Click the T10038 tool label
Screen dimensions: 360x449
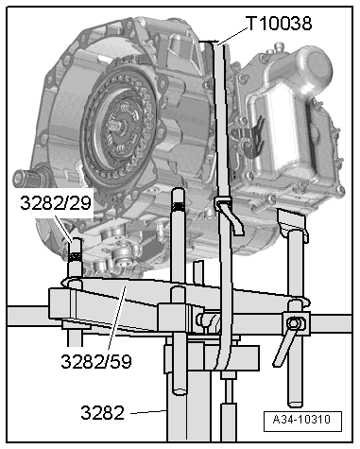pyautogui.click(x=280, y=24)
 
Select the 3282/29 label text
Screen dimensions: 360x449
pyautogui.click(x=56, y=203)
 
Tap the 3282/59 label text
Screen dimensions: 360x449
pyautogui.click(x=96, y=361)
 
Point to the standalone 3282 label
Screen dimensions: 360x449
pyautogui.click(x=103, y=412)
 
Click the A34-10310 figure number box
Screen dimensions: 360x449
pyautogui.click(x=302, y=421)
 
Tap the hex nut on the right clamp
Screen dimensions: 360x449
pyautogui.click(x=294, y=323)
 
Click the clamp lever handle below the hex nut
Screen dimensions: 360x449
pyautogui.click(x=284, y=348)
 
